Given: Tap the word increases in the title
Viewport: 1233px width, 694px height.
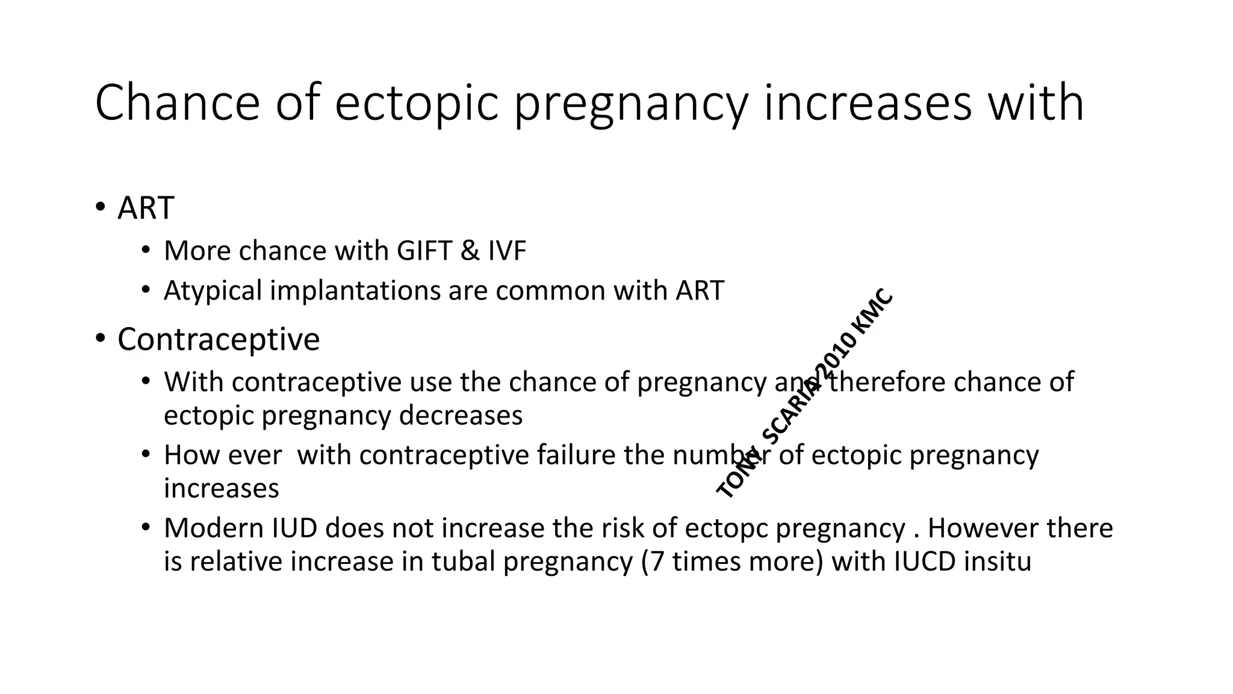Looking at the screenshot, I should click(x=868, y=103).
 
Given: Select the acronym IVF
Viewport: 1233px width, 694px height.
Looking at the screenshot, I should click(x=507, y=251).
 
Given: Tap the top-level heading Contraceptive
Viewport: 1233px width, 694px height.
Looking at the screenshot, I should click(x=219, y=339).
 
